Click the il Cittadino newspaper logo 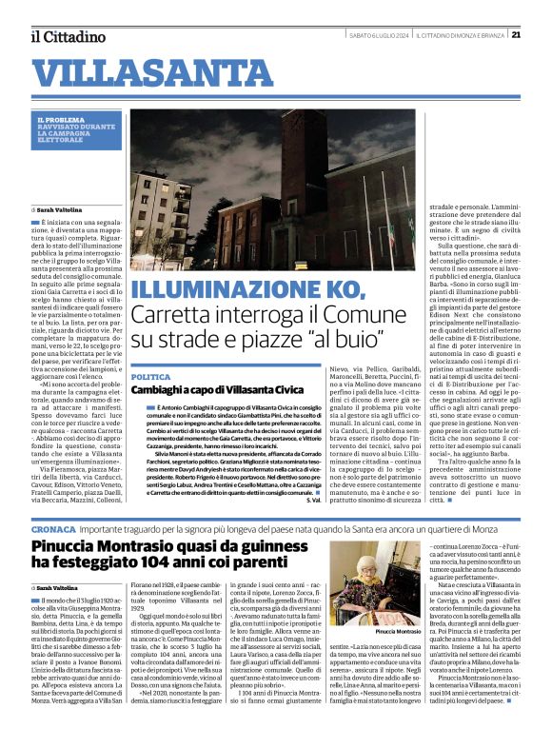point(67,36)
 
